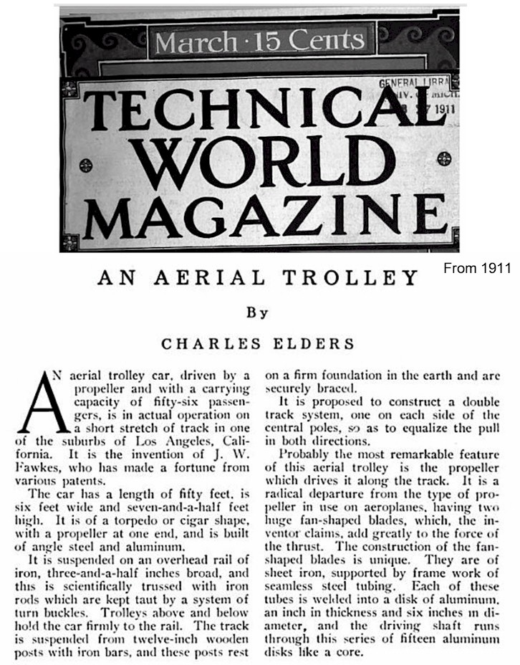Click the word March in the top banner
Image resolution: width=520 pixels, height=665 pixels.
click(x=194, y=42)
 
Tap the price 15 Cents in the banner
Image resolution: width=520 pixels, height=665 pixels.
click(x=312, y=42)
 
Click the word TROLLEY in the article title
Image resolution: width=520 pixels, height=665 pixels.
click(x=364, y=278)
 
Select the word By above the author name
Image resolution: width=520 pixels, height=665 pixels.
click(x=256, y=312)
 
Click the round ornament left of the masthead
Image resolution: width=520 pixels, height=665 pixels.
click(x=85, y=166)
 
